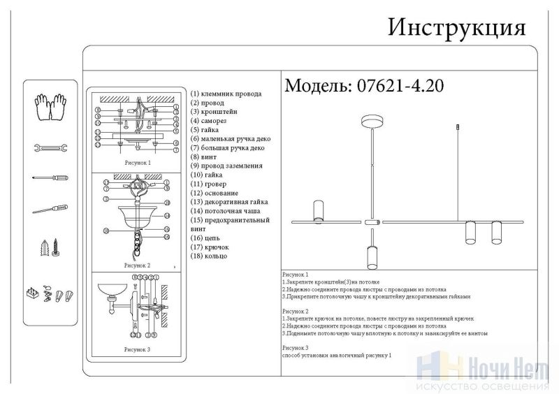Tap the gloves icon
49,106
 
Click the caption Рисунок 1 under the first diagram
137,163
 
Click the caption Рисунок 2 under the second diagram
137,266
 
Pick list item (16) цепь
206,238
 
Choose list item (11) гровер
208,184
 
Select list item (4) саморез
210,121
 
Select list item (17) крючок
210,247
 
